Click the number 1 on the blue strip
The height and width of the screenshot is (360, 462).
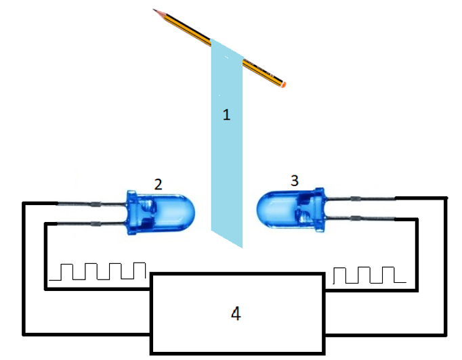[x=227, y=114]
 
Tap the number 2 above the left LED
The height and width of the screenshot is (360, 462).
[x=158, y=183]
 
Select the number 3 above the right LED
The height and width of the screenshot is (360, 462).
[x=294, y=181]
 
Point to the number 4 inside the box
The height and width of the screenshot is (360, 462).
[x=235, y=314]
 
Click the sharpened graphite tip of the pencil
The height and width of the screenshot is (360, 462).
[x=155, y=10]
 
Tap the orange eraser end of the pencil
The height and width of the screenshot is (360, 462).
[x=284, y=85]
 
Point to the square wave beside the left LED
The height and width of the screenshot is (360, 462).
[x=102, y=271]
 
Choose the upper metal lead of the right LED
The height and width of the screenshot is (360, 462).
[x=359, y=198]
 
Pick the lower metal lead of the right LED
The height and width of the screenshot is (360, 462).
[x=359, y=219]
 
